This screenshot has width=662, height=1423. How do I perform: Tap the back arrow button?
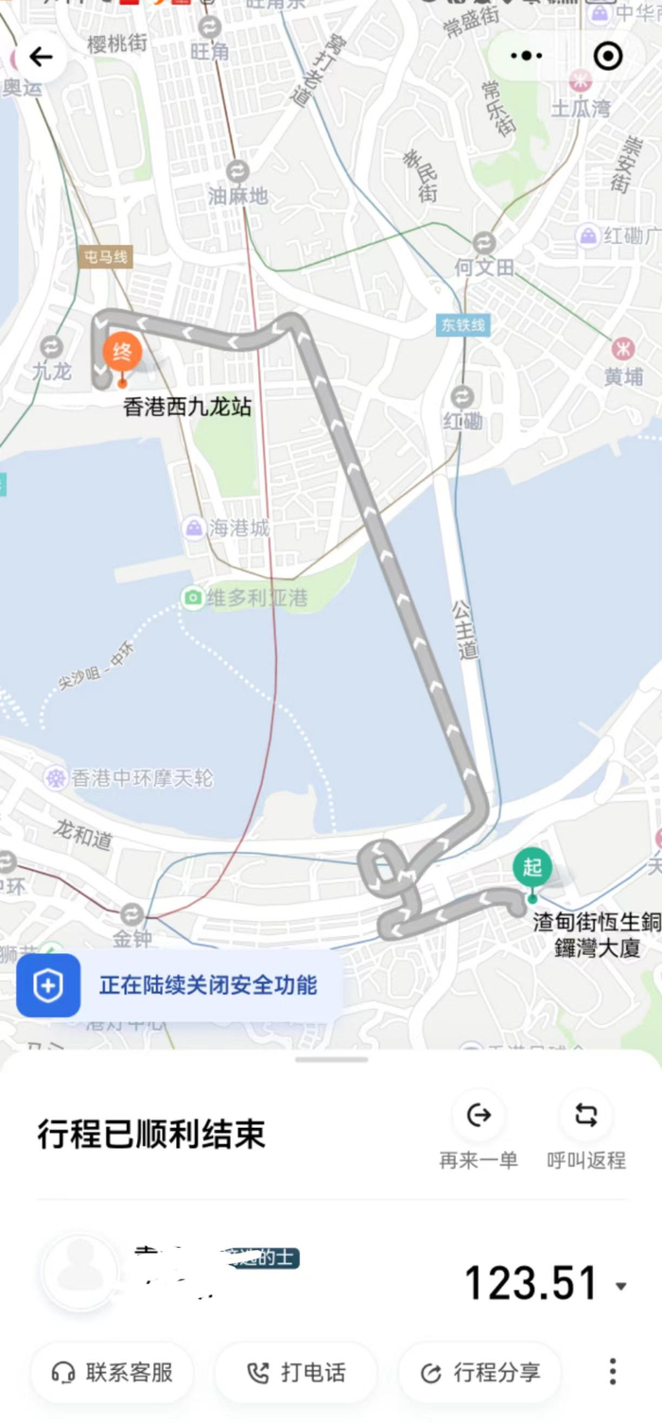point(41,58)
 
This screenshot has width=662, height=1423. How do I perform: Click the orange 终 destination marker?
point(122,354)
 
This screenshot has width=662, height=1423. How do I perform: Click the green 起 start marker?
point(531,868)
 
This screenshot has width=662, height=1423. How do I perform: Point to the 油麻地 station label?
point(238,196)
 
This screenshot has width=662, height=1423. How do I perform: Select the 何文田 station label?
point(484,268)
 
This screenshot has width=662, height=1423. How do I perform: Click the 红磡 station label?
point(462,420)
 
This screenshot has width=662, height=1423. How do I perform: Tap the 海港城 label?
point(239,528)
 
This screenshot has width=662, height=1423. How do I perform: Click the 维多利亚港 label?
point(258,599)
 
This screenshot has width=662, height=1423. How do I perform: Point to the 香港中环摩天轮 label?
point(143,778)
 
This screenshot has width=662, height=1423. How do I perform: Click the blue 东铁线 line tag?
point(462,325)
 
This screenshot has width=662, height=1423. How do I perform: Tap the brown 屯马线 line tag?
point(106,257)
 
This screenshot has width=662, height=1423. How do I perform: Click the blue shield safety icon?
point(48,985)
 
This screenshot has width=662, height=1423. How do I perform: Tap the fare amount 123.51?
point(531,1283)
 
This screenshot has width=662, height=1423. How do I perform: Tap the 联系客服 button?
point(113,1372)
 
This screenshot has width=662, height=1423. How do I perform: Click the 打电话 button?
point(296,1372)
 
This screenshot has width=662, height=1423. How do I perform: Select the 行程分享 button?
point(480,1372)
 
